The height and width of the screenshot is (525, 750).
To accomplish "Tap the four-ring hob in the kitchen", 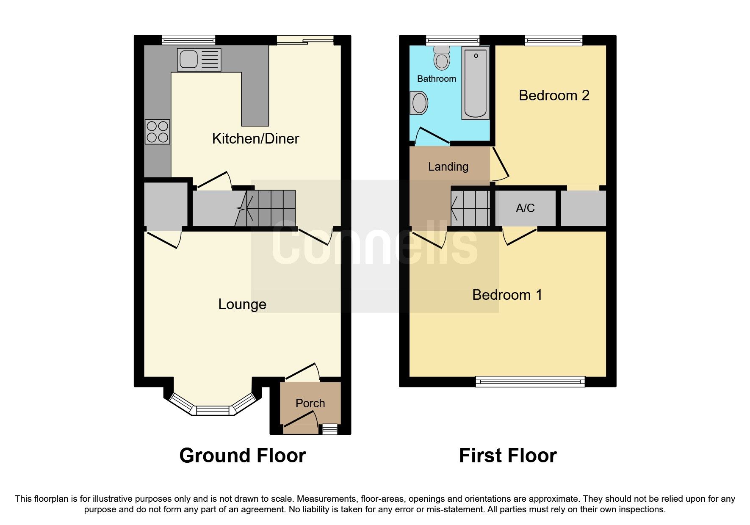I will tap(158, 131).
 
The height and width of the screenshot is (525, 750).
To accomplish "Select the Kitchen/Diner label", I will tap(255, 138).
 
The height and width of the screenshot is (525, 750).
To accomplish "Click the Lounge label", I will tap(242, 304).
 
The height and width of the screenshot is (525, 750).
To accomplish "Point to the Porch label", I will tap(310, 403).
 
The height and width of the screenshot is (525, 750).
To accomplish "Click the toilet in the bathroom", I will tap(442, 58).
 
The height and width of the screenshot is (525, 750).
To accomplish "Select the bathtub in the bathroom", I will tap(475, 83).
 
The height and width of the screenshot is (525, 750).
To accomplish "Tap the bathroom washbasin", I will tap(419, 103).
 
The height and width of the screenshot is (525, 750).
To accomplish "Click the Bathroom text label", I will tap(437, 79).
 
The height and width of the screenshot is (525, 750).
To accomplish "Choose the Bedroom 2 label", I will tap(554, 95).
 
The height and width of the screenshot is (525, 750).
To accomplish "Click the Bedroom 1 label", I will tap(507, 295).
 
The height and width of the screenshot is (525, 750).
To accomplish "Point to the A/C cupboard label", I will tap(525, 208).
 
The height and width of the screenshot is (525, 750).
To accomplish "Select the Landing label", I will tap(448, 167).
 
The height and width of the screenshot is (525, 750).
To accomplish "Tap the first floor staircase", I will tap(470, 208).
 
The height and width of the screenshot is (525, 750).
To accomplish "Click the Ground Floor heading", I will tap(242, 456).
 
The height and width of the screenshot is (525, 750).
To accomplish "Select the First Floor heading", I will tap(507, 456).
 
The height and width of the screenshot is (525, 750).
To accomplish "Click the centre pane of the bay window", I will tap(213, 410).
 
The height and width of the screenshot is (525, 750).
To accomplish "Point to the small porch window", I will tap(330, 429).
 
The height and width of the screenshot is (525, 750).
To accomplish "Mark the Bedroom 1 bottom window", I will tap(530, 382).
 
